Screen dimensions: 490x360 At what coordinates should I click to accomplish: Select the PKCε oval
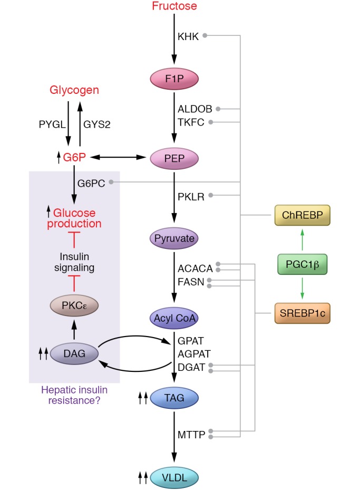click(x=74, y=305)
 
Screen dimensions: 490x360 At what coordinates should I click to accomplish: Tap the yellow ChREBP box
click(x=303, y=215)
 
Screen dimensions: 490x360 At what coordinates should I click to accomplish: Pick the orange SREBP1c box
click(x=303, y=313)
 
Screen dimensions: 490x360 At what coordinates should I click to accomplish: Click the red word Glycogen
click(x=74, y=90)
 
